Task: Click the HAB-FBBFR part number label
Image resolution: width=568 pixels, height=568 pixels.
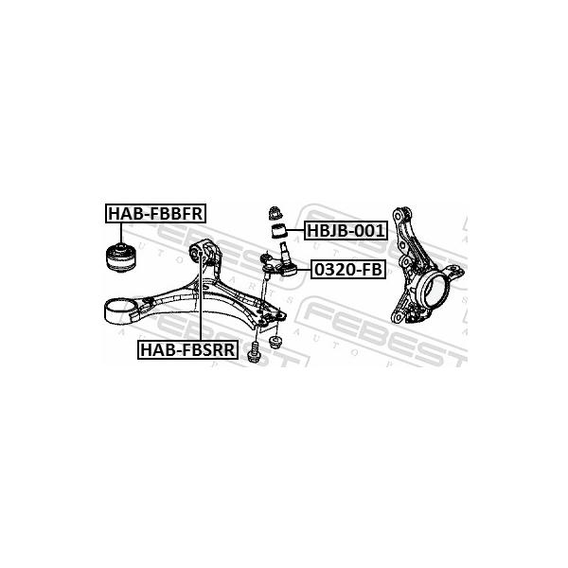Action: click(x=156, y=213)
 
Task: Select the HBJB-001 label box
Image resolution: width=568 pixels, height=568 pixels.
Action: click(x=346, y=230)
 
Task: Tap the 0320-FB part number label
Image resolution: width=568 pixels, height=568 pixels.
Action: click(x=347, y=269)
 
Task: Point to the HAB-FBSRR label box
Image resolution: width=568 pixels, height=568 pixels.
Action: click(x=187, y=349)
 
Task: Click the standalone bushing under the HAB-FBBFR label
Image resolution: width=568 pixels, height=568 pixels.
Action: click(x=121, y=257)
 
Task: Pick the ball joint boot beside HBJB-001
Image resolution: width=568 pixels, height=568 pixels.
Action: click(x=278, y=232)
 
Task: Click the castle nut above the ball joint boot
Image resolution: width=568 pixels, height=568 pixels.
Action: click(x=276, y=213)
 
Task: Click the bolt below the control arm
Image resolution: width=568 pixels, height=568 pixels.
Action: click(x=253, y=351)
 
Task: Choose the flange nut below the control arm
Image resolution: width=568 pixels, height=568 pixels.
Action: click(x=275, y=342)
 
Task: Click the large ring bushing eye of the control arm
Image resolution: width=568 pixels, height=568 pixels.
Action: click(x=119, y=311)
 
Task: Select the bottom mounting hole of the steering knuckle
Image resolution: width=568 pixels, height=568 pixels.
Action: click(x=398, y=316)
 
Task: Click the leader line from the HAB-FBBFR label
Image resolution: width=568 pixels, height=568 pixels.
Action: click(x=121, y=234)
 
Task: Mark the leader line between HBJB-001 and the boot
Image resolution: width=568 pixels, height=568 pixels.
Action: click(x=295, y=231)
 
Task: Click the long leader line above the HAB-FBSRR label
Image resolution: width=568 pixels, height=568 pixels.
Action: click(x=200, y=296)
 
